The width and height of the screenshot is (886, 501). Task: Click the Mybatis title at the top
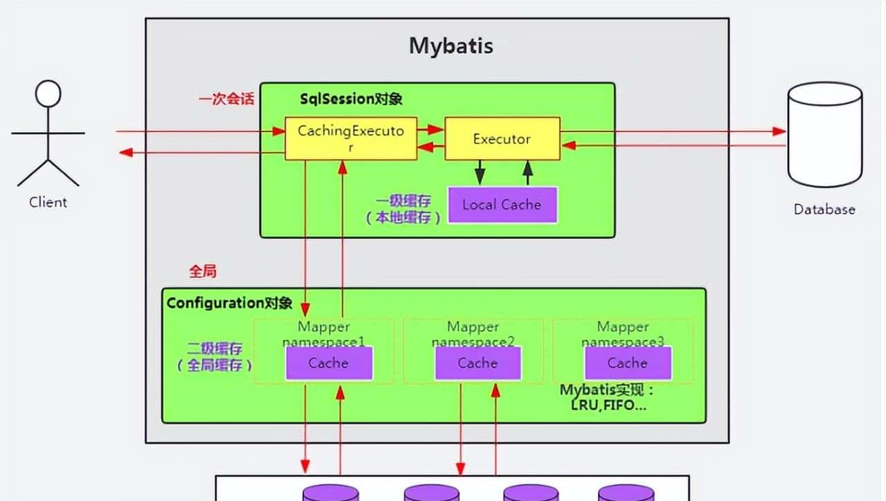(451, 46)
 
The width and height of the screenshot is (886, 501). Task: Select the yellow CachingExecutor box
(350, 138)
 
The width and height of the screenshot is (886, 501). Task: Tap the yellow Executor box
(501, 138)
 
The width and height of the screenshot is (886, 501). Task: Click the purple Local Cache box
(502, 205)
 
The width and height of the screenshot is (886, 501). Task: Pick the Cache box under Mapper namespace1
(329, 363)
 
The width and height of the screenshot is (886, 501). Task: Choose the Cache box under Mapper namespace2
(478, 363)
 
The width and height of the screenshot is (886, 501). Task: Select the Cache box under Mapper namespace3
(627, 363)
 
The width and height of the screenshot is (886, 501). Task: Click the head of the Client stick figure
(48, 94)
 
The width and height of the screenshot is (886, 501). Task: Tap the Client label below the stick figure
(48, 203)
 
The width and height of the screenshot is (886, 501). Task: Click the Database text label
(824, 210)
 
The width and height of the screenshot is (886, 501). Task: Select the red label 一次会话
(226, 99)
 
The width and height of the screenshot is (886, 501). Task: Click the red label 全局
(203, 272)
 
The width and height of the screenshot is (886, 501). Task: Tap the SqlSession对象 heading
(351, 99)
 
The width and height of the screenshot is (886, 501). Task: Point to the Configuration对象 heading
(229, 303)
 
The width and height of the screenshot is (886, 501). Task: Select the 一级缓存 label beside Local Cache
(404, 201)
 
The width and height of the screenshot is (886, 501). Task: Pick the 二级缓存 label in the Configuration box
(215, 349)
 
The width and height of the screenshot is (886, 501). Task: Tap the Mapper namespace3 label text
(622, 334)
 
